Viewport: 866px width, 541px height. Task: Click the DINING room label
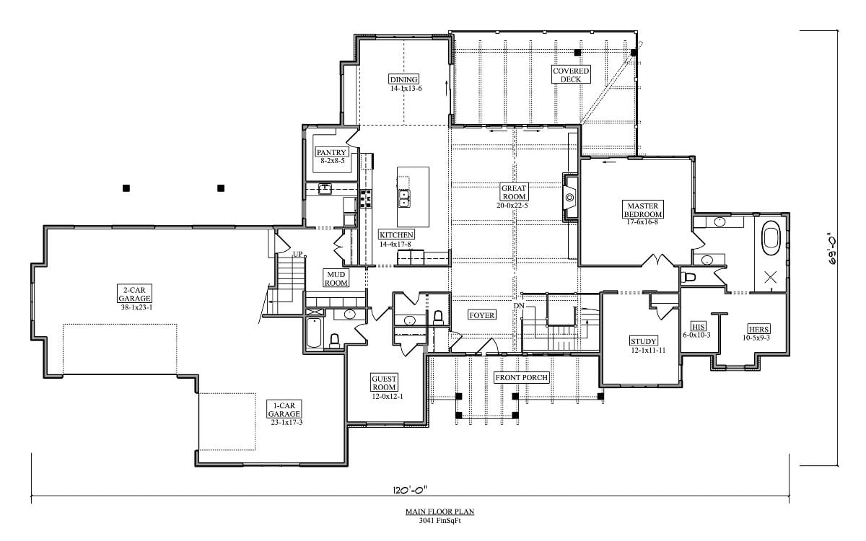click(404, 79)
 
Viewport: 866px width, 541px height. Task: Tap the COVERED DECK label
click(571, 74)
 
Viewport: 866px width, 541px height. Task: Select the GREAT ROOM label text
click(513, 192)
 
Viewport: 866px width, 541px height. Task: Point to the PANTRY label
click(332, 152)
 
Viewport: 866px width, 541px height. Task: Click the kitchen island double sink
click(403, 198)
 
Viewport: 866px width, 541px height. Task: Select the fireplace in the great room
click(569, 197)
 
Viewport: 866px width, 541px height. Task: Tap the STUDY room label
click(643, 341)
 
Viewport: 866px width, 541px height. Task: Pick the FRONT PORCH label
click(521, 377)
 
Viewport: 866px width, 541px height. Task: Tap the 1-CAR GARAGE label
click(283, 409)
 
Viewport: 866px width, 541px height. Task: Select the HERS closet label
click(758, 328)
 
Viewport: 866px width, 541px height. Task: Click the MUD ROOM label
click(336, 279)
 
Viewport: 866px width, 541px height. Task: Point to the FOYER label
click(481, 315)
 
